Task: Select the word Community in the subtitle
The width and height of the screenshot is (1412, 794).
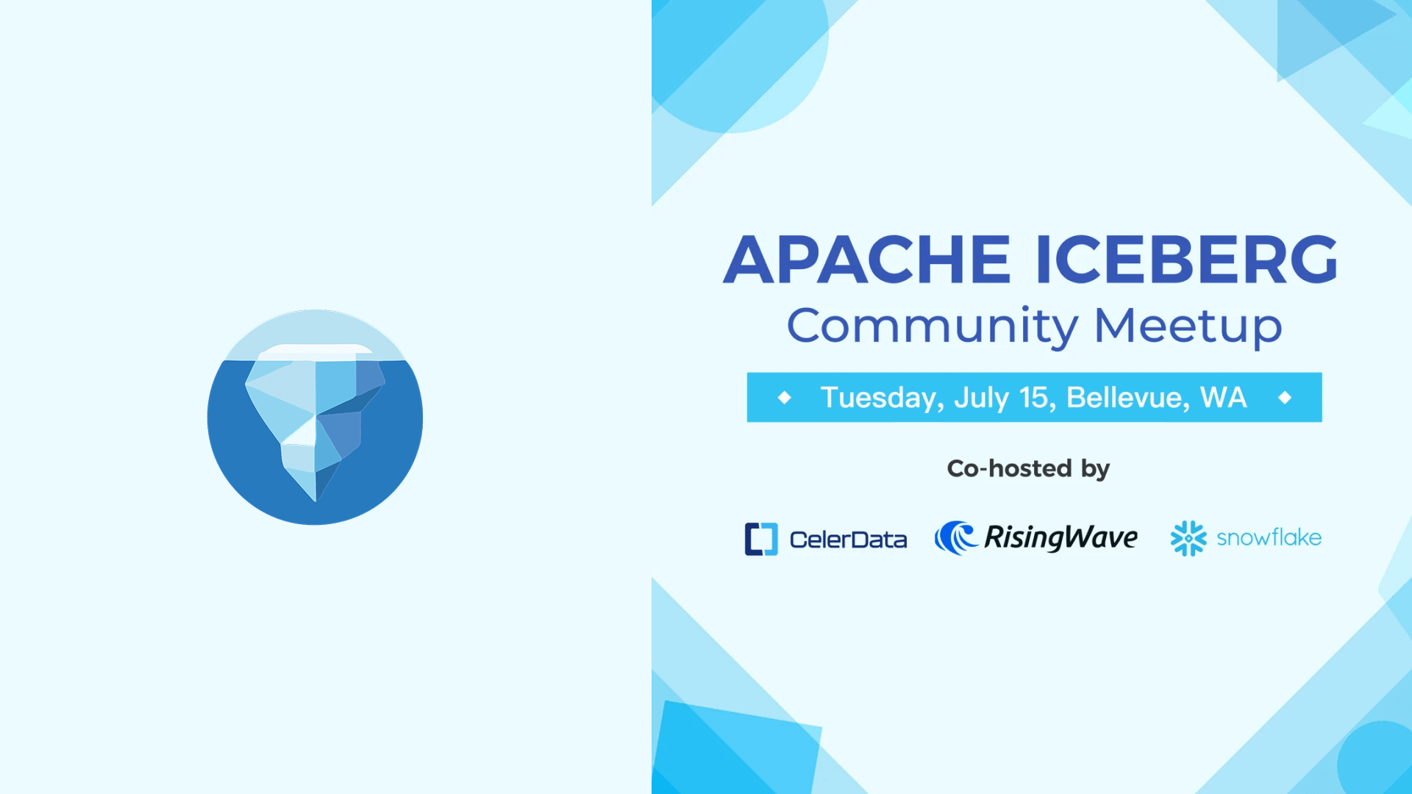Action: click(933, 326)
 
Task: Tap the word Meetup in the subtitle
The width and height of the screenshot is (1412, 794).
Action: click(1188, 326)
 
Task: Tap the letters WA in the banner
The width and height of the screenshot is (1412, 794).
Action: click(1224, 397)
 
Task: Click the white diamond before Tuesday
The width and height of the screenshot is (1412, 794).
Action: click(785, 398)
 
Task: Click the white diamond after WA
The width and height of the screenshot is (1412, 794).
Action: click(1285, 398)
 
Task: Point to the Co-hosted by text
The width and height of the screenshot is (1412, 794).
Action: click(1028, 469)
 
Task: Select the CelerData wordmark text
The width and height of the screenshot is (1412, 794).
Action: click(848, 540)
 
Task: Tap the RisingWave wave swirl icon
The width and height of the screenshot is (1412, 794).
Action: click(955, 537)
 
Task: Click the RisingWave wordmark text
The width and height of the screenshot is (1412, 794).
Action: click(1060, 538)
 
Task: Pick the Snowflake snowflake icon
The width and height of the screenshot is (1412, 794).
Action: click(1188, 539)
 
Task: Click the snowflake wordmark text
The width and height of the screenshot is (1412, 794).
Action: click(1269, 537)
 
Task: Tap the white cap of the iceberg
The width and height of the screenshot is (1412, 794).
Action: click(316, 351)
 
